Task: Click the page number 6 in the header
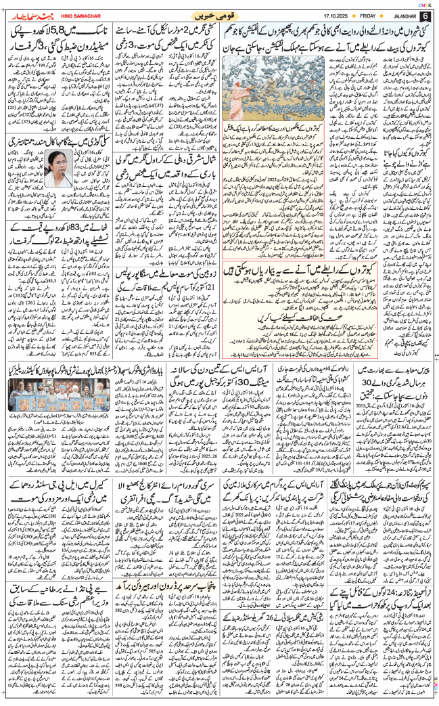click(426, 16)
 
